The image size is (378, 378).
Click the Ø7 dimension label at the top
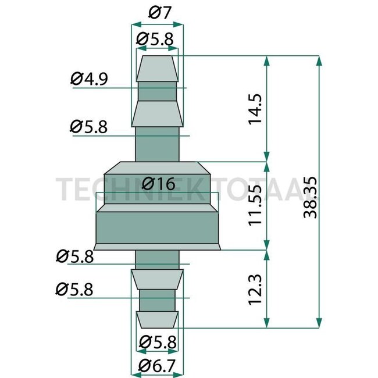click(156, 12)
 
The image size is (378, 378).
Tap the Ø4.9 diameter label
click(88, 78)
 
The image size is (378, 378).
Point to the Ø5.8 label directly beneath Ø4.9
click(88, 127)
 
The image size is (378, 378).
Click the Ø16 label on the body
click(158, 184)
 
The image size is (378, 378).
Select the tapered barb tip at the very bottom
click(156, 318)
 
